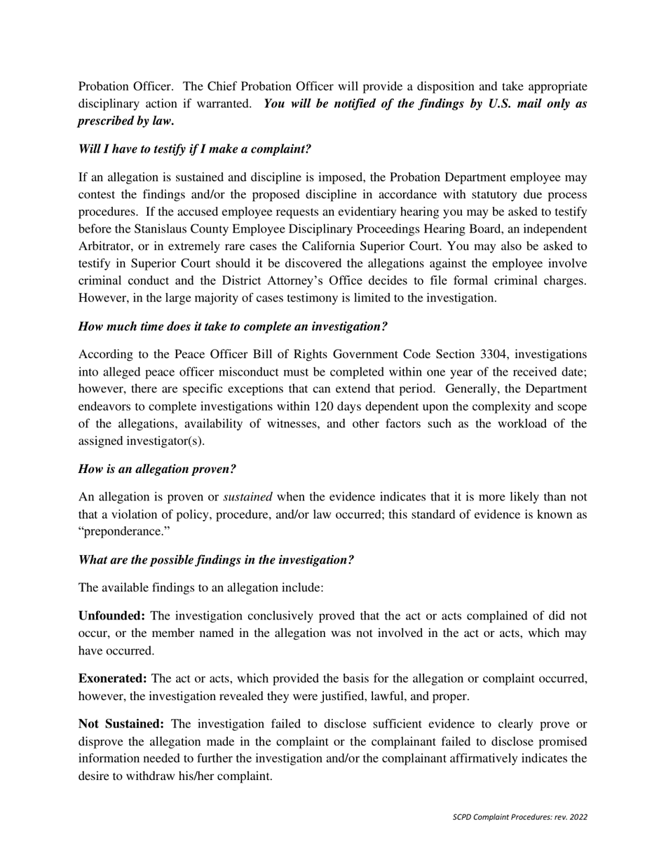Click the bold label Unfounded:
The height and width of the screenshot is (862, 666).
(111, 616)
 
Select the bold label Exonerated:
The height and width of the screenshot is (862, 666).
(112, 678)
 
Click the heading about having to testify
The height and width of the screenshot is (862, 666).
(194, 149)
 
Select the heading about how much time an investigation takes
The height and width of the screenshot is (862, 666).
(233, 327)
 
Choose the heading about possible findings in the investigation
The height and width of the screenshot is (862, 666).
(216, 560)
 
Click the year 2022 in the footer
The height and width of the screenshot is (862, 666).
(578, 817)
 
